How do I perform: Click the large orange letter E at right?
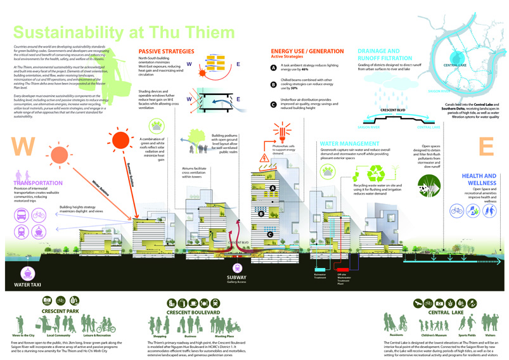tap(486, 146)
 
